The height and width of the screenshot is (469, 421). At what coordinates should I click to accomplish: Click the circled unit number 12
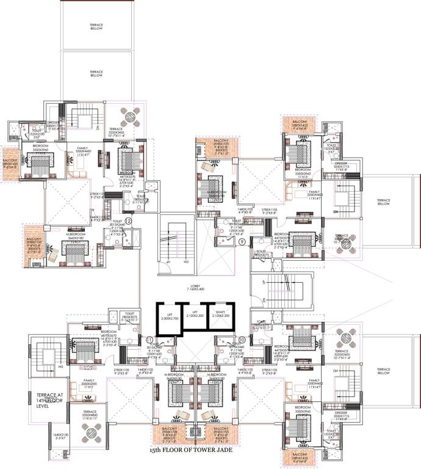coord(128,220)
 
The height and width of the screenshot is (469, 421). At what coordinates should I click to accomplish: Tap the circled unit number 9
coord(242,242)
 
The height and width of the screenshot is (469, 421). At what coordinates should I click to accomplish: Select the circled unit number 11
coord(150,340)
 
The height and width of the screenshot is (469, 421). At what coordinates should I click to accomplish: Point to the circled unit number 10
coord(242,340)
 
